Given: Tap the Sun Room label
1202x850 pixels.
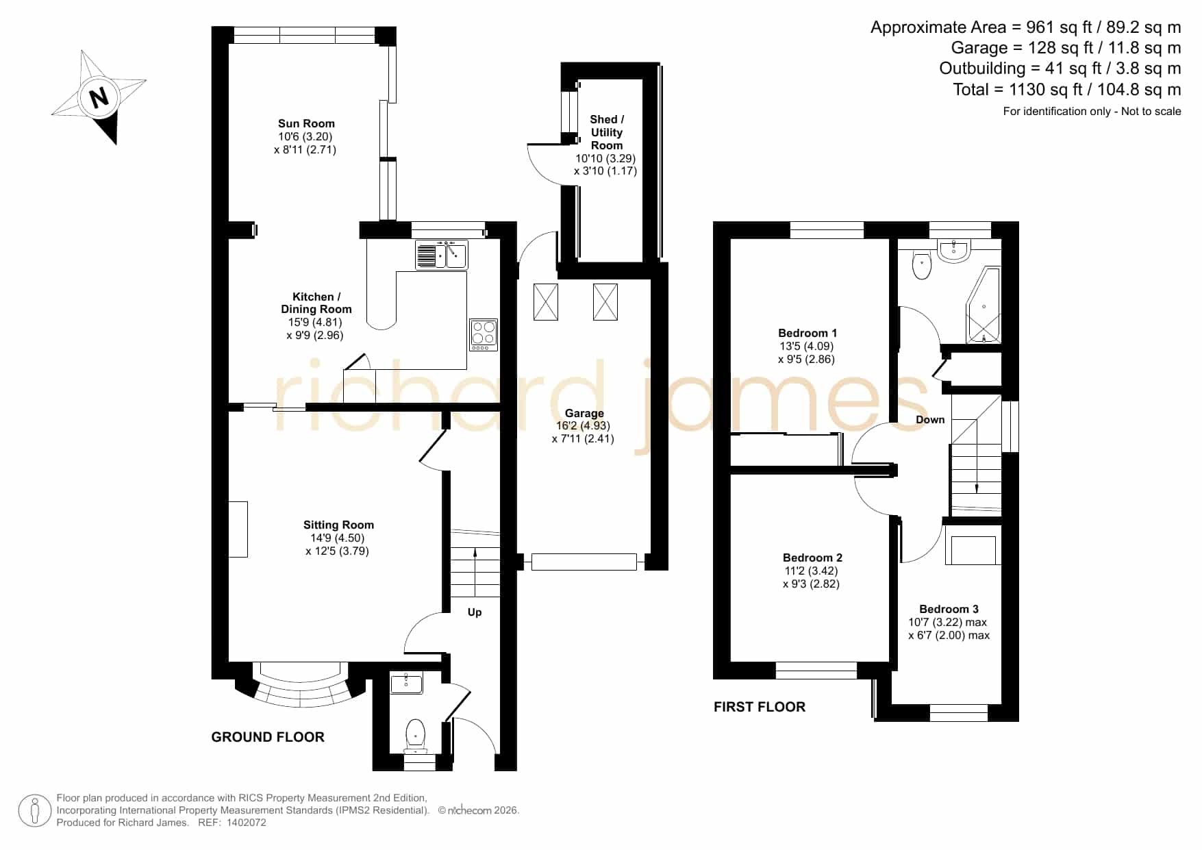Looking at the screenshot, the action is point(306,123).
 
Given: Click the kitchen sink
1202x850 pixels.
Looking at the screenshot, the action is point(441,255).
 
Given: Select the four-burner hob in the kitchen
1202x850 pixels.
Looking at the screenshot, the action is point(484,335).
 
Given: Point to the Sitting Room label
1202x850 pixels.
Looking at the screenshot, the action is point(338,525).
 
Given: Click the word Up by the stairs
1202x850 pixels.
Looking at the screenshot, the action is point(475,612).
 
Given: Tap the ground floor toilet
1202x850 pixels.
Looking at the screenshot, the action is point(415,734).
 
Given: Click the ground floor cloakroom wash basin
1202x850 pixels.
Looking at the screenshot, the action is point(406,682).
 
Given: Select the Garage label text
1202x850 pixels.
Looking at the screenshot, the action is point(584,413).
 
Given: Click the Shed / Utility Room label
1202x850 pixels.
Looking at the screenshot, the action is point(607,132).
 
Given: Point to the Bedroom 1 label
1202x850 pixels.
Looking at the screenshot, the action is point(807,333).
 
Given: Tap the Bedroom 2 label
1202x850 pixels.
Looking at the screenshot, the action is point(812,558).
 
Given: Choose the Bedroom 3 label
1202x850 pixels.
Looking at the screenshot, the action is point(949,609).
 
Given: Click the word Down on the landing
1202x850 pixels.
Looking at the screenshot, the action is point(930,419).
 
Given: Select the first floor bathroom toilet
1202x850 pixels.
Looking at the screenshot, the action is point(922,264).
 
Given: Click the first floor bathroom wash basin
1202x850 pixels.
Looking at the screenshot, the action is point(953,251).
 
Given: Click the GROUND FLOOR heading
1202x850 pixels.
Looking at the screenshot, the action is point(268,737).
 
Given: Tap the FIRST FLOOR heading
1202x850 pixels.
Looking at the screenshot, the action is point(760,707).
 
